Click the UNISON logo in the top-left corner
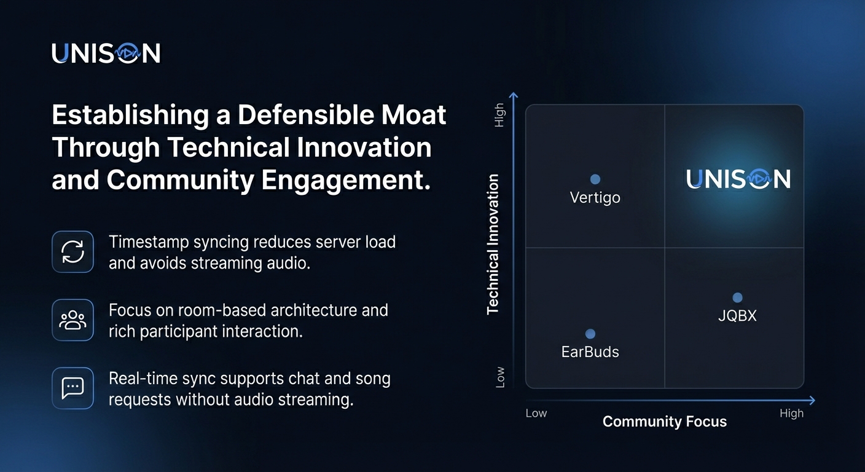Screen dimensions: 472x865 [106, 53]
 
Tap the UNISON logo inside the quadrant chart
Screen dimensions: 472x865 [738, 179]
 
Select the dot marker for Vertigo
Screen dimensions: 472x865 [595, 179]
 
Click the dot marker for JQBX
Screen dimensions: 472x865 [737, 298]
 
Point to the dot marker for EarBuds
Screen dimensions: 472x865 [590, 334]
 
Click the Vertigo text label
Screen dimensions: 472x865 [595, 198]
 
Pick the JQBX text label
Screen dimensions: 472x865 [737, 317]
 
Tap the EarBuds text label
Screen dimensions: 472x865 [590, 352]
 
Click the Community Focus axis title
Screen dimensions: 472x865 [664, 422]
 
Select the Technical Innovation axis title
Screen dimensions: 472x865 [493, 245]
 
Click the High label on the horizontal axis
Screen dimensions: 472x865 [791, 414]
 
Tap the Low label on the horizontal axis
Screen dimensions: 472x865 [536, 414]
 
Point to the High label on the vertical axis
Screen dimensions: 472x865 [499, 115]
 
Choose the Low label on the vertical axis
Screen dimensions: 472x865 [500, 377]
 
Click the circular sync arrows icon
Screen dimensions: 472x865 [72, 252]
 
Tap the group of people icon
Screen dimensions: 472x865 [72, 320]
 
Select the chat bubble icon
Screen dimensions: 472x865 [72, 388]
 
